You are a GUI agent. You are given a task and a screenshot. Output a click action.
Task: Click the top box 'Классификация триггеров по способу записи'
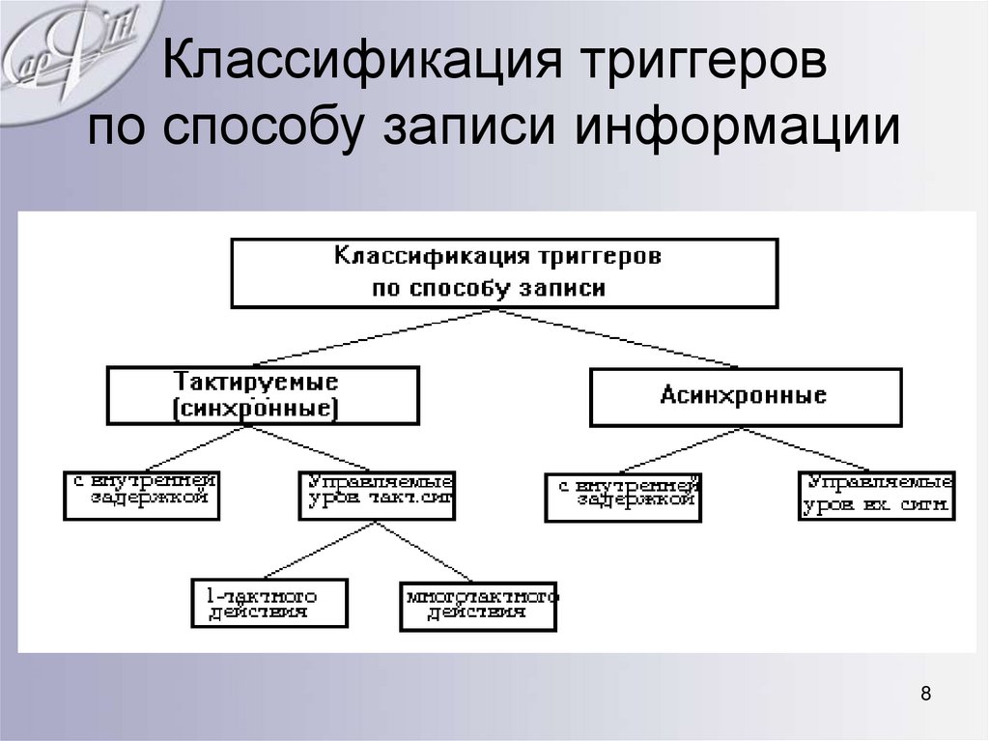(503, 273)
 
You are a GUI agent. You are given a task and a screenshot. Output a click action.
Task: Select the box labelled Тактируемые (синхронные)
(263, 395)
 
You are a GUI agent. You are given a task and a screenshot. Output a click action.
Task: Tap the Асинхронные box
(745, 396)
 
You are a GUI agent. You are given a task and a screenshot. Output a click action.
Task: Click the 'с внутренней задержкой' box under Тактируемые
(141, 495)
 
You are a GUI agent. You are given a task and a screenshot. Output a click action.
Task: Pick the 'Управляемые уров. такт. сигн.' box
(377, 495)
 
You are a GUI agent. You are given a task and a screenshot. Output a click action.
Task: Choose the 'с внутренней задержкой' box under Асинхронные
(623, 497)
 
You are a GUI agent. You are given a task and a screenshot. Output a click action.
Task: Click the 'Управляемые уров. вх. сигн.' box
(876, 495)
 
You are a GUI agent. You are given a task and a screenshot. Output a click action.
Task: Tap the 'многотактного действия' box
(478, 605)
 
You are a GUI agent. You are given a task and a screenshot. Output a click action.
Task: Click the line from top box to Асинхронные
(618, 338)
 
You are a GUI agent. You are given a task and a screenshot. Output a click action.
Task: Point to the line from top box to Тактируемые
(377, 338)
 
